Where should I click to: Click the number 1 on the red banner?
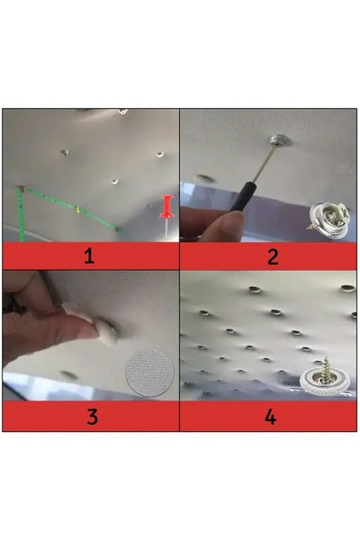click(89, 256)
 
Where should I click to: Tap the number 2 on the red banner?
click(273, 256)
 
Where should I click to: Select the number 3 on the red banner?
click(92, 417)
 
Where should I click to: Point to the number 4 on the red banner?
click(270, 417)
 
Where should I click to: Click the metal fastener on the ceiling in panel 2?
click(278, 140)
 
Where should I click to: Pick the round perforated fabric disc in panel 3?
click(150, 373)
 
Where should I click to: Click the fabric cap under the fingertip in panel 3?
click(107, 331)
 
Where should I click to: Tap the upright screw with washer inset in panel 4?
click(322, 378)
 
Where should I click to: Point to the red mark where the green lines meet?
click(22, 189)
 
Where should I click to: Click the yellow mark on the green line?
click(77, 210)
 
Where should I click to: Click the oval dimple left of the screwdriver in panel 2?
click(204, 178)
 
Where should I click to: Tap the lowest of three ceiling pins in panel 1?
click(114, 181)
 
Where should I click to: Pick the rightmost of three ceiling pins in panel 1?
click(160, 155)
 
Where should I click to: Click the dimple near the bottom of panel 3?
click(68, 374)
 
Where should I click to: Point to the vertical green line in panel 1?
click(21, 214)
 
